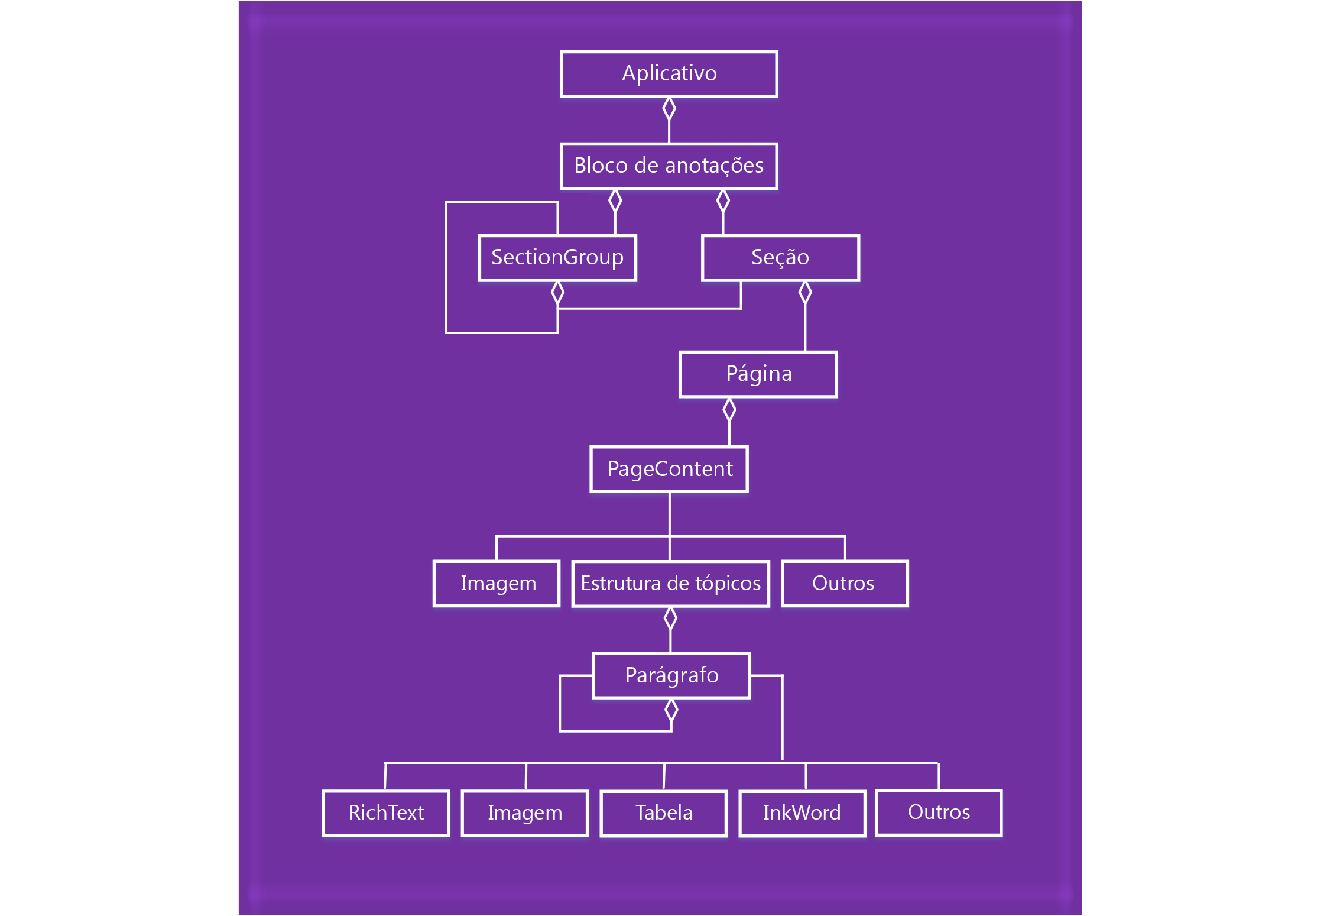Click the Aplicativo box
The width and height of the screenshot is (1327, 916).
(x=669, y=74)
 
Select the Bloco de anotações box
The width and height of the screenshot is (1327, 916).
(x=669, y=166)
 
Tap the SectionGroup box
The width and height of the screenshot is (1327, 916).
(x=557, y=258)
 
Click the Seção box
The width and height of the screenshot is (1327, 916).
(x=780, y=258)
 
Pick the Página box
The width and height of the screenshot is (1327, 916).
(x=758, y=374)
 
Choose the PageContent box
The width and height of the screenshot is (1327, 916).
(x=669, y=470)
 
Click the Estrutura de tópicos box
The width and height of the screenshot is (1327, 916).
(x=670, y=584)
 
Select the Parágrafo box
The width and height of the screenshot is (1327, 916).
(x=671, y=675)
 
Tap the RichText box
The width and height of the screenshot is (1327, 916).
(x=386, y=813)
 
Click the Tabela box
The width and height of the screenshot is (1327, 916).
(x=664, y=813)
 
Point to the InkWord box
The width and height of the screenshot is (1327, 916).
(x=802, y=813)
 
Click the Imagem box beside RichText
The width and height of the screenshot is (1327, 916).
(x=525, y=813)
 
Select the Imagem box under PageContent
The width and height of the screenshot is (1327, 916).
(x=497, y=584)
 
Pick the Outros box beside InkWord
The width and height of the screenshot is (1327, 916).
(x=939, y=813)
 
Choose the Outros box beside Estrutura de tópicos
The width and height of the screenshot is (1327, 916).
(x=845, y=584)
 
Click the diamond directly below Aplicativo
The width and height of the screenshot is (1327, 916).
(x=669, y=109)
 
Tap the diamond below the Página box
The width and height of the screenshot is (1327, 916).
(x=729, y=409)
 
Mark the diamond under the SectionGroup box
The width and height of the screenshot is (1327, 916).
(x=557, y=293)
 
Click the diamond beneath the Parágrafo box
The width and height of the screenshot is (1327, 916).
(x=671, y=710)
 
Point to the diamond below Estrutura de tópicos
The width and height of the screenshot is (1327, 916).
(x=670, y=619)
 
